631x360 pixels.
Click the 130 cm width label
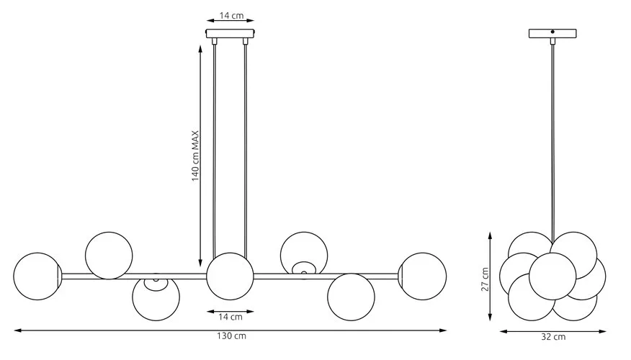coord(231,336)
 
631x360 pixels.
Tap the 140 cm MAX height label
coord(195,156)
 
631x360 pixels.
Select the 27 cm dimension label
coord(485,279)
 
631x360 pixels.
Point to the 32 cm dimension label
coord(553,337)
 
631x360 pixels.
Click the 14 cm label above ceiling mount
coord(231,16)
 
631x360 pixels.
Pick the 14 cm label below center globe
coord(231,317)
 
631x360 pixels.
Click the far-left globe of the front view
coord(37,276)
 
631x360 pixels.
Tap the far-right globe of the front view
coord(423,276)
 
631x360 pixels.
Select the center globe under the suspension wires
coord(231,276)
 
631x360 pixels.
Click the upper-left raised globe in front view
coord(109,256)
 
